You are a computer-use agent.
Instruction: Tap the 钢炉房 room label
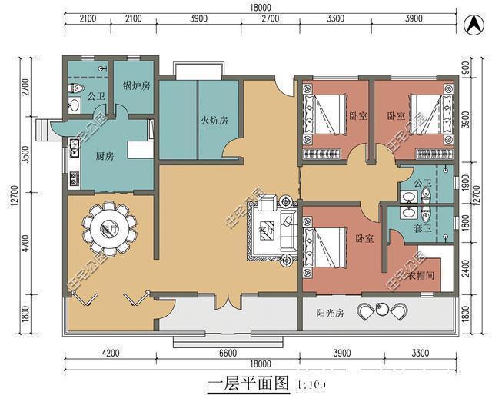pyautogui.click(x=136, y=86)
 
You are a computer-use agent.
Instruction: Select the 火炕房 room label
pyautogui.click(x=214, y=121)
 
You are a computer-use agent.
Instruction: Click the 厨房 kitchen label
pyautogui.click(x=105, y=156)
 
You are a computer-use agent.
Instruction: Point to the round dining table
pyautogui.click(x=108, y=228)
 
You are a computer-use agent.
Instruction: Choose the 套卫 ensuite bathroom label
pyautogui.click(x=422, y=228)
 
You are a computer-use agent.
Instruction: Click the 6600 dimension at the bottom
pyautogui.click(x=228, y=353)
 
